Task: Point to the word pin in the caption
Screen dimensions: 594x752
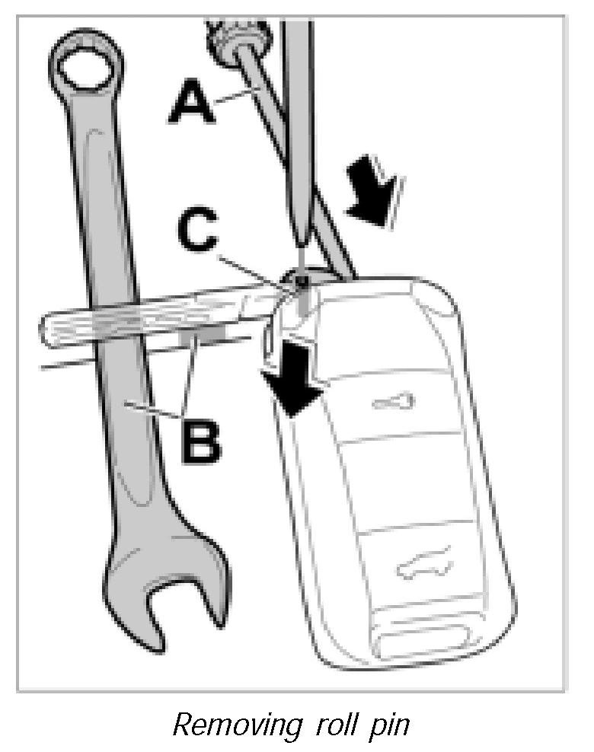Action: (389, 725)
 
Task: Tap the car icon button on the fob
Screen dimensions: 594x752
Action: (423, 565)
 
